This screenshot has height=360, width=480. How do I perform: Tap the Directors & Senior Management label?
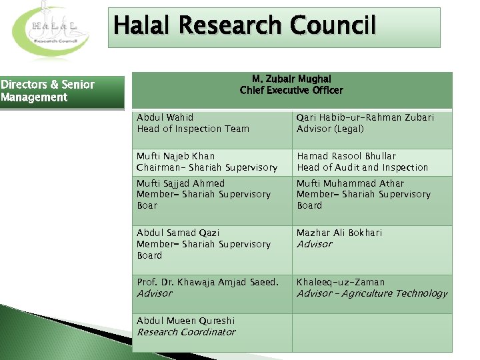pos(47,91)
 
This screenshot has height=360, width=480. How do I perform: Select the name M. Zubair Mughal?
pos(291,79)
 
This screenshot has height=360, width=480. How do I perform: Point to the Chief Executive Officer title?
pos(291,90)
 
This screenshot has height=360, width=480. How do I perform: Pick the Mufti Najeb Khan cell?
pos(212,162)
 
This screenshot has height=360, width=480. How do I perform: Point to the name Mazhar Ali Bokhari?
pos(339,233)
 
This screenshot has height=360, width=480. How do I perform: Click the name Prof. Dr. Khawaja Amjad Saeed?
pos(207,282)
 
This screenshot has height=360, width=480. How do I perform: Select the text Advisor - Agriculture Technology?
pos(372,293)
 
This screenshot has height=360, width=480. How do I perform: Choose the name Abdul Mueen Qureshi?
pos(185,321)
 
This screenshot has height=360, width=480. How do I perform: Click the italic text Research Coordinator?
pos(186,332)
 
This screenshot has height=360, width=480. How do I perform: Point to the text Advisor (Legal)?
pos(330,129)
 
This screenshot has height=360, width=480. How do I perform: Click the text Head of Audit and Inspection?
pos(363,167)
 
